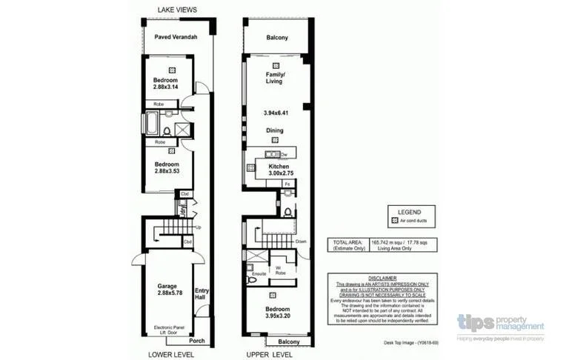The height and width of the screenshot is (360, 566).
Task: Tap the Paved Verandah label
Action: click(175, 38)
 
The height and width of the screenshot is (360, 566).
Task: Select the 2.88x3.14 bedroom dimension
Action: click(167, 87)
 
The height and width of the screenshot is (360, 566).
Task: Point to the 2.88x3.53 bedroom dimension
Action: click(167, 171)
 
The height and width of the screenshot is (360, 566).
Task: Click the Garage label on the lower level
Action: click(166, 286)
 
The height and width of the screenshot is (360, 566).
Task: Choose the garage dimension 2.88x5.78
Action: click(166, 294)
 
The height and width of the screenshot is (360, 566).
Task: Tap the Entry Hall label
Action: click(201, 295)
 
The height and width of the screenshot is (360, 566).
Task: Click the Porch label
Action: click(197, 341)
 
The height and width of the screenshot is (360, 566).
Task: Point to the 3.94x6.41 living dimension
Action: click(275, 113)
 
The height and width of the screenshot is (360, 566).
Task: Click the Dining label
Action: click(275, 130)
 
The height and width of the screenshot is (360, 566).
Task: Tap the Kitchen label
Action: click(279, 167)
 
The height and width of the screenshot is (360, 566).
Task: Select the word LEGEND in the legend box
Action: click(409, 211)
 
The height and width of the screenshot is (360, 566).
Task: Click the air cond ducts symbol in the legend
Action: click(393, 221)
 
